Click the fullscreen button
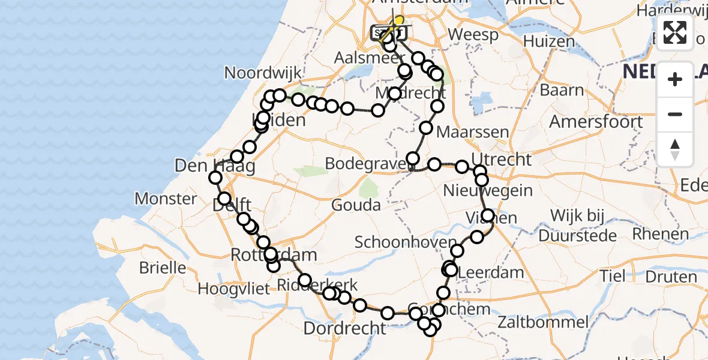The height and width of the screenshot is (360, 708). click(675, 32)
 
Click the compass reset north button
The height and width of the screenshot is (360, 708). click(675, 149)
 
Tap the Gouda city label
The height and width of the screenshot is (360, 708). click(357, 205)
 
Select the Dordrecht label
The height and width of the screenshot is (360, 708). click(344, 328)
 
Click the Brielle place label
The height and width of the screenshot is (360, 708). click(163, 267)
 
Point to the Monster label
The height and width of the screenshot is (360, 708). click(166, 199)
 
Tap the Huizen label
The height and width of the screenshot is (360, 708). click(549, 41)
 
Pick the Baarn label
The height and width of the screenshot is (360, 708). click(562, 90)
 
